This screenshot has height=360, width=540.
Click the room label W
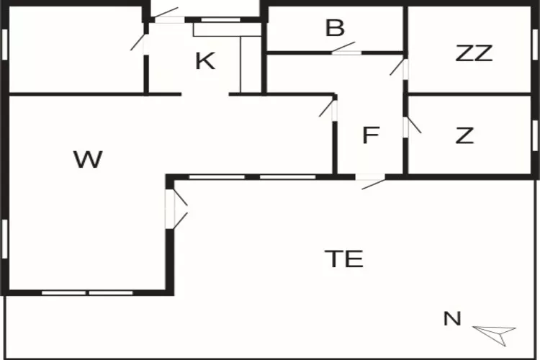click(88, 159)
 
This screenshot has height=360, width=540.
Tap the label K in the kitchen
click(205, 61)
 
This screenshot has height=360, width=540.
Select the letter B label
click(335, 29)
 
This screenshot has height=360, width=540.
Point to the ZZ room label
click(474, 53)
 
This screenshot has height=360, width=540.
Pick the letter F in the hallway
click(370, 135)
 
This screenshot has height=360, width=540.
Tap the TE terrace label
click(343, 258)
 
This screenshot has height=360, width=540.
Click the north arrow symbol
click(495, 331)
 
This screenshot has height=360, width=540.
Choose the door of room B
click(346, 52)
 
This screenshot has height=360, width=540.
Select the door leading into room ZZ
click(405, 68)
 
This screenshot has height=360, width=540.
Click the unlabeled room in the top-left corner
click(76, 50)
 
